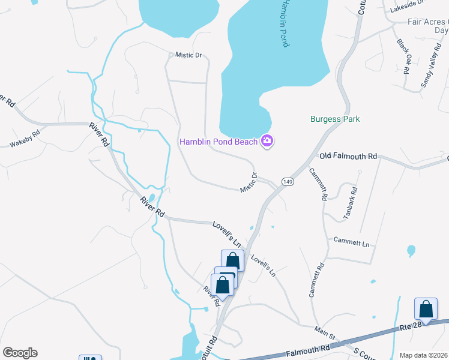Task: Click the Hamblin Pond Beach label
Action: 219,142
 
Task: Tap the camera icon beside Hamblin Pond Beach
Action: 267,142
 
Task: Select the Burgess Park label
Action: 335,119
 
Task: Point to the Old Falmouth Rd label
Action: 348,156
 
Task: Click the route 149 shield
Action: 289,181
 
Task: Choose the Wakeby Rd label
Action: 25,139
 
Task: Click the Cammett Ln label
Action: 352,242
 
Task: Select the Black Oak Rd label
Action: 403,55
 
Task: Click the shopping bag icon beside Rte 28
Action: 426,309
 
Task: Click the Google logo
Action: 20,353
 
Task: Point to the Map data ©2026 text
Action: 424,355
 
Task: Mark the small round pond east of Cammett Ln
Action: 411,250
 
